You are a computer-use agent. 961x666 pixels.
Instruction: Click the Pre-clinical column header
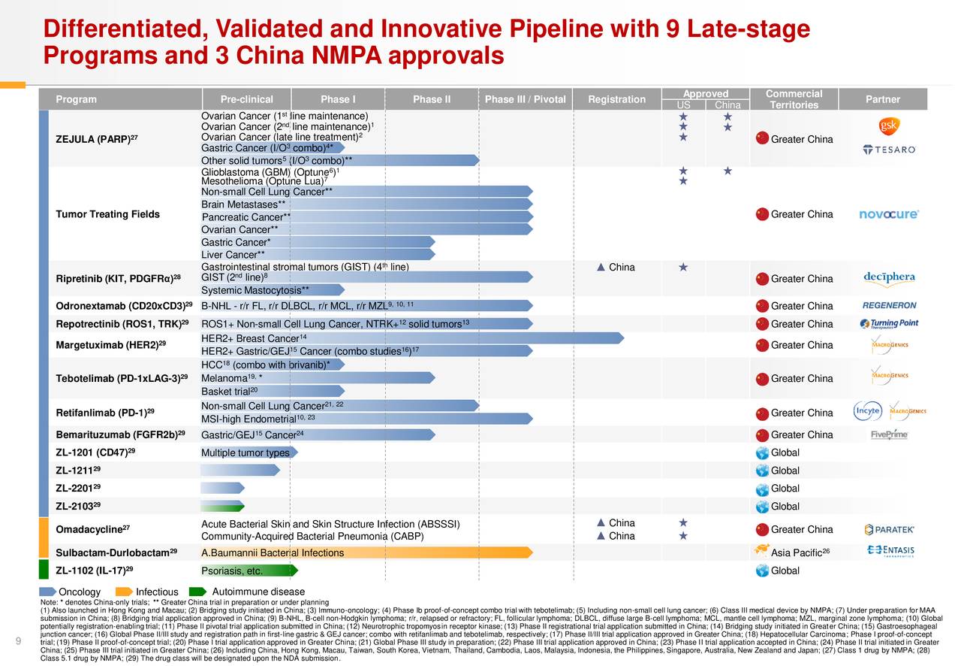click(x=246, y=99)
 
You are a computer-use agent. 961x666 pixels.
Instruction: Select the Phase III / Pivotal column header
click(x=525, y=99)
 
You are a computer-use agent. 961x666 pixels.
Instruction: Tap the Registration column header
click(x=616, y=99)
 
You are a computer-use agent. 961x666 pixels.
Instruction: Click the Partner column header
click(x=883, y=99)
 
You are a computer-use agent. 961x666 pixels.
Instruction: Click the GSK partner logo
click(x=889, y=126)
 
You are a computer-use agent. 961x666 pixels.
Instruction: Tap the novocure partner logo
click(x=889, y=214)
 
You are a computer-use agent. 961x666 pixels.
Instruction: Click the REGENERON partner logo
click(x=889, y=306)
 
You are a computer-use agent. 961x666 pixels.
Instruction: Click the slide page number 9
click(x=17, y=640)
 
